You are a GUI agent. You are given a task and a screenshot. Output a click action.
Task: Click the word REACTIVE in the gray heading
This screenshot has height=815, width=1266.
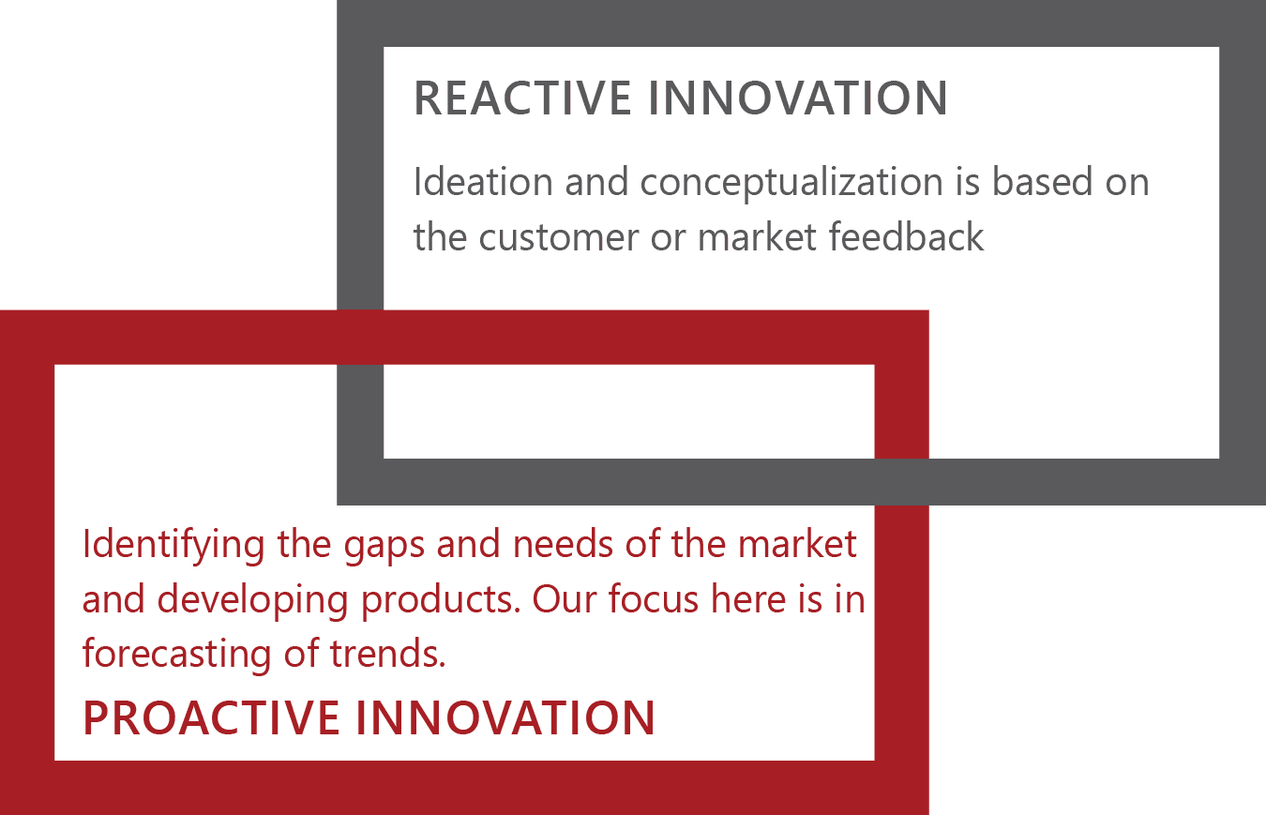point(522,98)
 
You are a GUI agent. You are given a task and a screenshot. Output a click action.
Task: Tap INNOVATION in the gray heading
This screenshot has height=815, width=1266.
point(797,98)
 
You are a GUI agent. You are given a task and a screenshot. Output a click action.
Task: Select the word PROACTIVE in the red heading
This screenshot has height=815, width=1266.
point(211,717)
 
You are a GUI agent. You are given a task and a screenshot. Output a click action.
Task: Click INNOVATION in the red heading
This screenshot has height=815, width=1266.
point(505,717)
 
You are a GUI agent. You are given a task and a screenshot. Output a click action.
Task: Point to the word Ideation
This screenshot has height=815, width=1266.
point(483,181)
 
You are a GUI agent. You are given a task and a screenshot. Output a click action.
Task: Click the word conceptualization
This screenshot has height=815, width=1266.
point(791,183)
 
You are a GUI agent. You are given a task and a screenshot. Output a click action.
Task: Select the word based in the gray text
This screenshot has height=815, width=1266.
point(1043,181)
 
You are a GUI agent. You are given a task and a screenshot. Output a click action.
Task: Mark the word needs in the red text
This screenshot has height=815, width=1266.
point(563,544)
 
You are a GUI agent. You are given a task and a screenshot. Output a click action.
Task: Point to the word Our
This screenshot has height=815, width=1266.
point(564,599)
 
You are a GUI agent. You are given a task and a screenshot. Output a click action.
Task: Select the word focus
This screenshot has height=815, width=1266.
point(654,598)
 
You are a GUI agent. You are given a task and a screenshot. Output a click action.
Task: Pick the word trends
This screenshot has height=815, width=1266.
point(387,654)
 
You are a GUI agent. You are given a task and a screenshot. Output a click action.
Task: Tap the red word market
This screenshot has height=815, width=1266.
point(797,544)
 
